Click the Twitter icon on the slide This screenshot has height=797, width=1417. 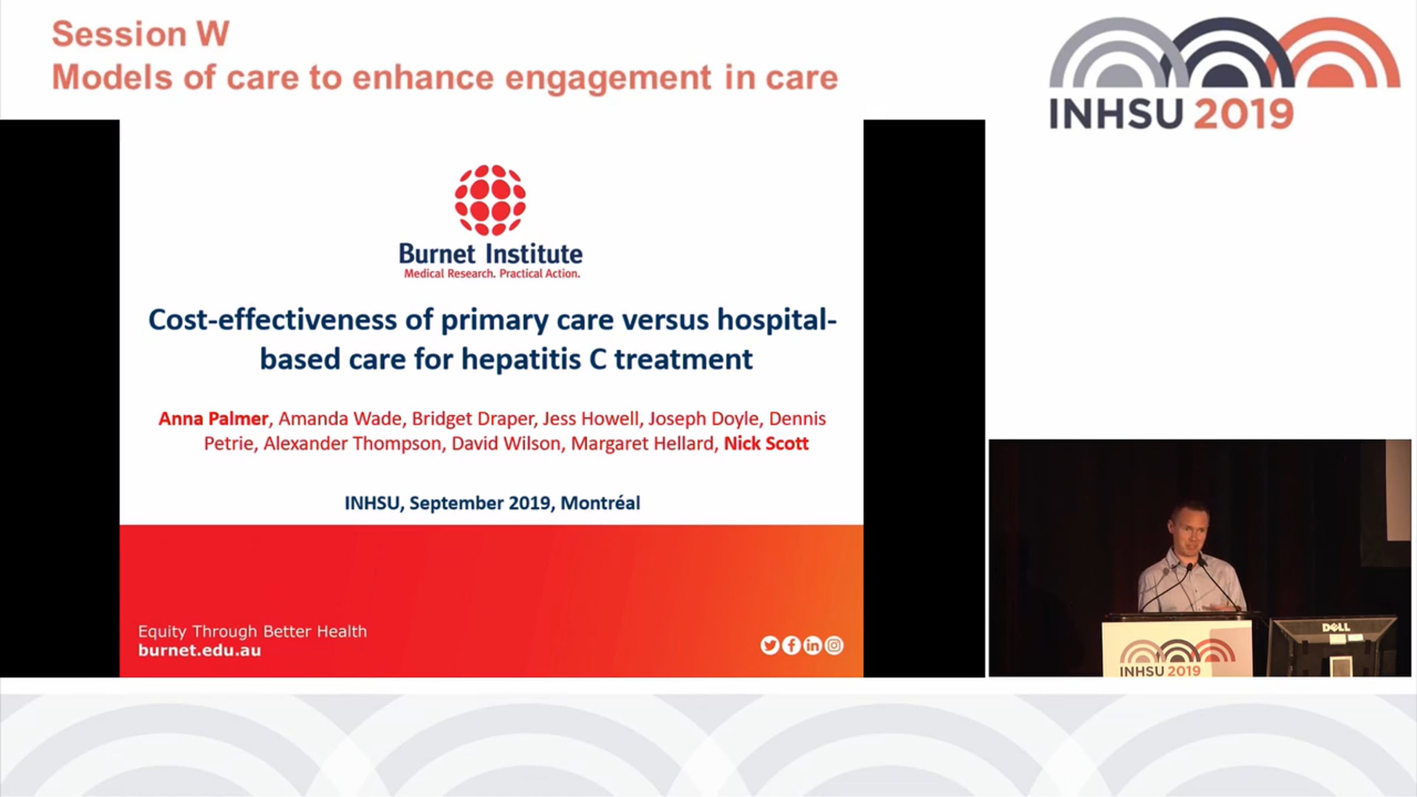[x=769, y=645]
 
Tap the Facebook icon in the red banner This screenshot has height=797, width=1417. [x=791, y=645]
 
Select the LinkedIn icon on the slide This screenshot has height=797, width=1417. [x=812, y=645]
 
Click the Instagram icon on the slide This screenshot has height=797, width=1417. [x=834, y=645]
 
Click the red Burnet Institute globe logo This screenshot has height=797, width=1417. [x=490, y=200]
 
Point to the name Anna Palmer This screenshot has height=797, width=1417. [x=213, y=419]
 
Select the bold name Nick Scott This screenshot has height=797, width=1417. [x=766, y=443]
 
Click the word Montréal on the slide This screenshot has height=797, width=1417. [x=600, y=503]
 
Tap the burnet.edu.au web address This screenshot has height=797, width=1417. [x=200, y=651]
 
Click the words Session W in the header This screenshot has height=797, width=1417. [x=141, y=34]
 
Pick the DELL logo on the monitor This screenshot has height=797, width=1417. [x=1336, y=627]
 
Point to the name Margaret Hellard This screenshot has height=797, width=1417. [x=642, y=443]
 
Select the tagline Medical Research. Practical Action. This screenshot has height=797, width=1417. [x=492, y=273]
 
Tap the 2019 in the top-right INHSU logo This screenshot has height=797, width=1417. [x=1244, y=114]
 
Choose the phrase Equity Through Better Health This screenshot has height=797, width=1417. [x=252, y=632]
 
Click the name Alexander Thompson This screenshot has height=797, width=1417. [x=352, y=443]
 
